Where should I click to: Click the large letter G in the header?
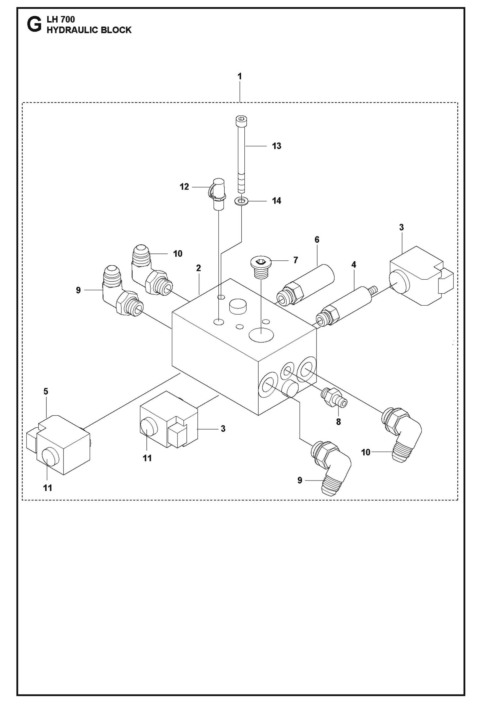(34, 25)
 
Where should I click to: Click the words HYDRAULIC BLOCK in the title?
(89, 30)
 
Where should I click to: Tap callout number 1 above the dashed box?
(239, 76)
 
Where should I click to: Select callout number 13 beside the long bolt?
(276, 146)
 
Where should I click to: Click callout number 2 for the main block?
(198, 268)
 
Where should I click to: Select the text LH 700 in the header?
(61, 20)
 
